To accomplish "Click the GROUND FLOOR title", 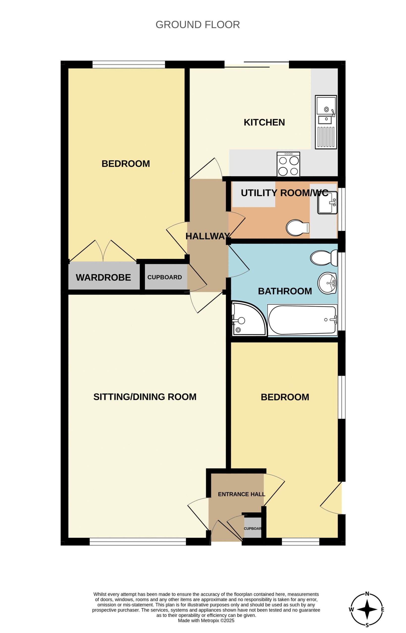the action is click(x=198, y=25).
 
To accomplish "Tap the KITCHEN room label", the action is click(x=264, y=122).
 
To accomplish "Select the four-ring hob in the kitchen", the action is click(x=288, y=164).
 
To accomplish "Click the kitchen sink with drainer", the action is click(x=326, y=122).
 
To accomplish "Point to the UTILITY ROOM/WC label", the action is click(x=285, y=193).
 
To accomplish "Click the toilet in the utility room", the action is click(x=298, y=228).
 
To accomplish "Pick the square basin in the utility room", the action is click(x=328, y=203).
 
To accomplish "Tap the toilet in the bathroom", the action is click(x=324, y=258).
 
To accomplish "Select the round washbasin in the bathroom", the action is click(x=328, y=283).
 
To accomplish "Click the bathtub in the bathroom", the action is click(x=302, y=320).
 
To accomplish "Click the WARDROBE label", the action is click(x=103, y=277).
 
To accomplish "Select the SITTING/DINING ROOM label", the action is click(x=145, y=397).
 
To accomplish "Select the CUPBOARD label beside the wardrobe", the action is click(x=165, y=277).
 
